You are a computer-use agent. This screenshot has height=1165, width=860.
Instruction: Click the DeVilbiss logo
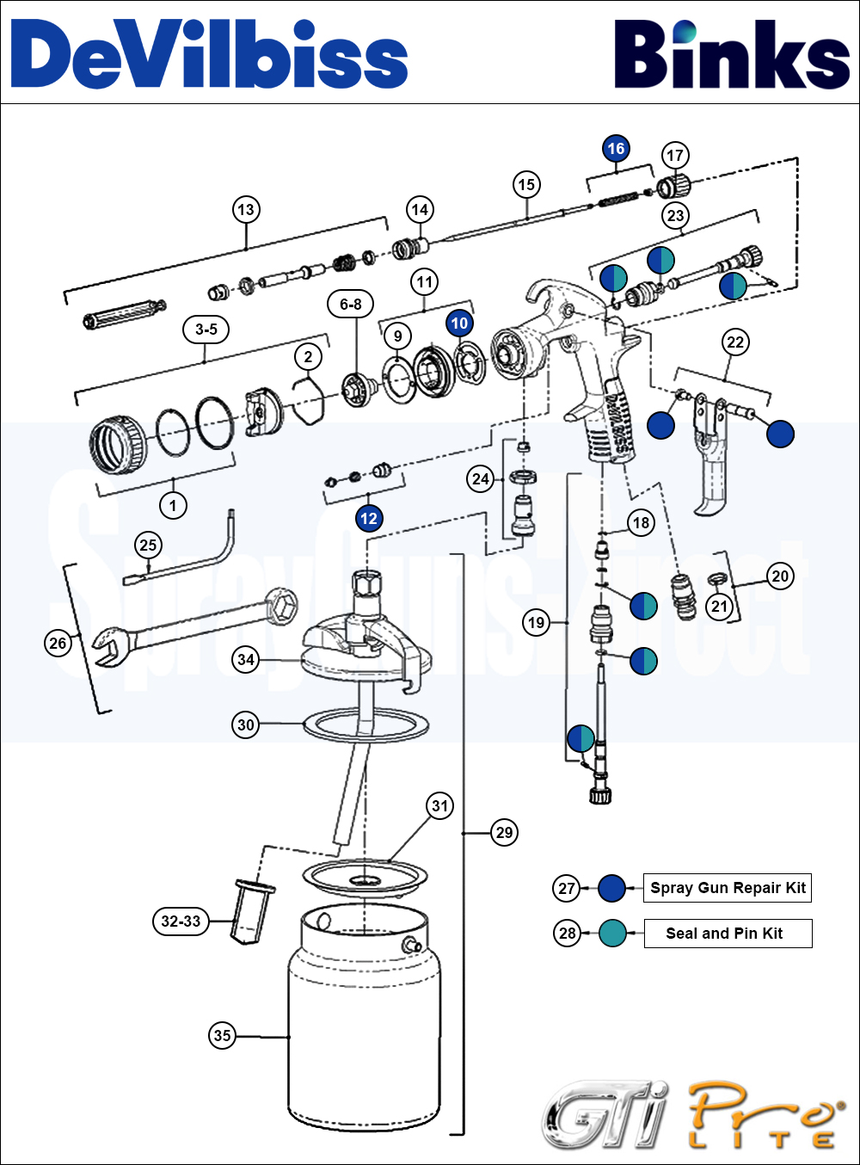[209, 54]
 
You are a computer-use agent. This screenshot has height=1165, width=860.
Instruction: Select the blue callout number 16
[616, 149]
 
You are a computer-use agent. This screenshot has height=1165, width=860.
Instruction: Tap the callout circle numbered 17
[675, 155]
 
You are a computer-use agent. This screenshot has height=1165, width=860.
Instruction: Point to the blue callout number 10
[459, 323]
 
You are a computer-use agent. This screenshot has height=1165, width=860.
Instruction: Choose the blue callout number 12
[368, 518]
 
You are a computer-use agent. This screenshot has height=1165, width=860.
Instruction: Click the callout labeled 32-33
[181, 921]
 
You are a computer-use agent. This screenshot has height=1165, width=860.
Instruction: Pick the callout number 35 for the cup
[222, 1035]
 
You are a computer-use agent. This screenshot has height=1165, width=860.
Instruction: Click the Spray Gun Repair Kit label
[728, 888]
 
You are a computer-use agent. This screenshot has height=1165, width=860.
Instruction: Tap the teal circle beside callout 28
[611, 934]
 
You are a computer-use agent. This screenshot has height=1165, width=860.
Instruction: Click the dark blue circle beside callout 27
[611, 888]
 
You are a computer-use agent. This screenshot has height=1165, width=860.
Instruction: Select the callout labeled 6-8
[351, 304]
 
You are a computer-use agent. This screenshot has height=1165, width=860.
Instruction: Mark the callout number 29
[504, 832]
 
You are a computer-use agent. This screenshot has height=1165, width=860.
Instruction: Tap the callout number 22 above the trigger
[735, 342]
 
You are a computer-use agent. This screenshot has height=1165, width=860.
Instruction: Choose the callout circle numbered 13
[246, 209]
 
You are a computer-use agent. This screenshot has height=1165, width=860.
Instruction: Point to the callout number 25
[148, 545]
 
